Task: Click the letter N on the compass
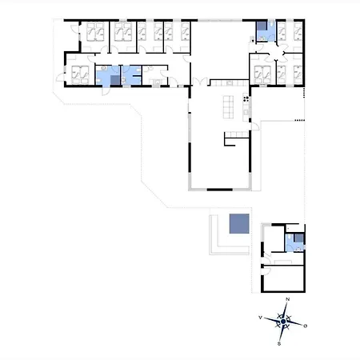287,299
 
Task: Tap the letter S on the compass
279,343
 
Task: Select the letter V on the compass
261,318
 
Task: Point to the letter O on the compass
306,326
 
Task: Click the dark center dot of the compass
283,322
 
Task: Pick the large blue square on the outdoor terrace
239,223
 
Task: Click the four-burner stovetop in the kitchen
246,99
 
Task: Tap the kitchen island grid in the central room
228,107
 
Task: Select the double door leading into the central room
200,82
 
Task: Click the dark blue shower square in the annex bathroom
299,238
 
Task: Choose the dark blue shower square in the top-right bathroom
262,26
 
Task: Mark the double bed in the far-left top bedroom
95,32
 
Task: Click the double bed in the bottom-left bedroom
80,74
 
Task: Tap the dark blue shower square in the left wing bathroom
115,80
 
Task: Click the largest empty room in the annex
284,278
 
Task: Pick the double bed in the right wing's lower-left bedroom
262,74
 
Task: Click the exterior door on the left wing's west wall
60,78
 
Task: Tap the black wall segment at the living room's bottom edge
220,190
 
